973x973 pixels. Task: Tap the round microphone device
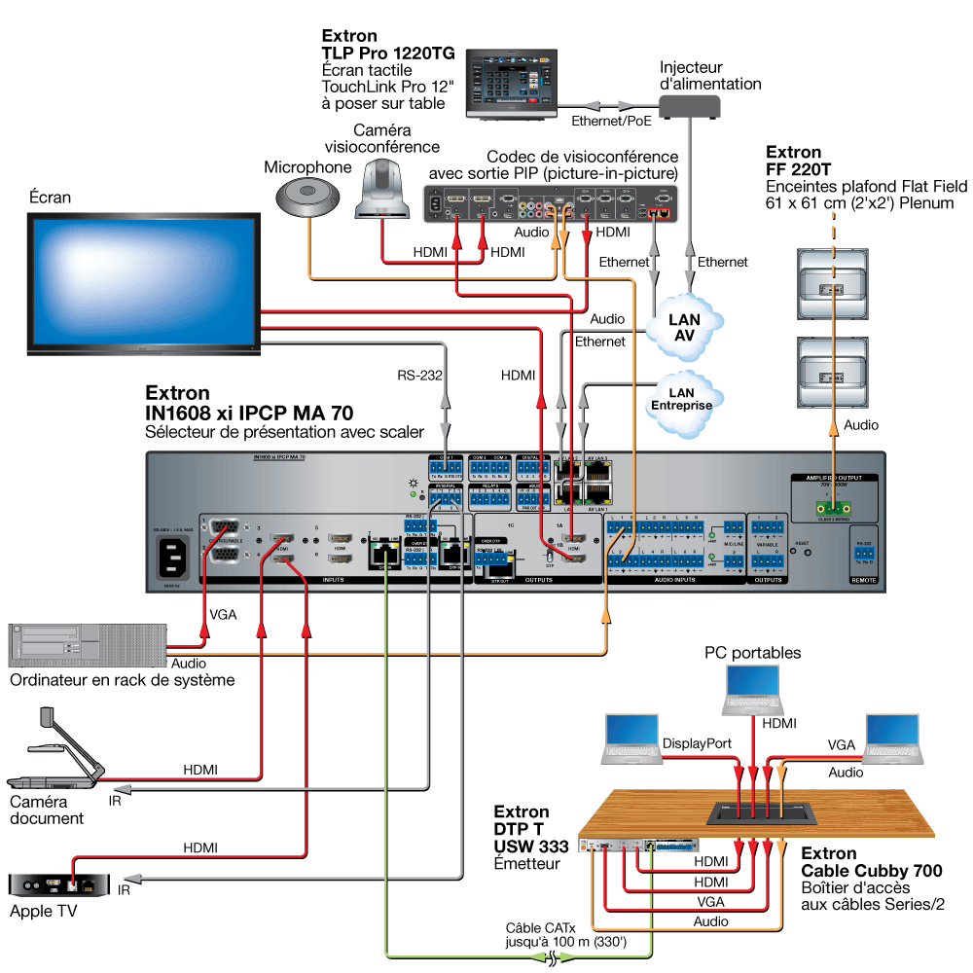(x=309, y=198)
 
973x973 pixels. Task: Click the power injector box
(x=697, y=110)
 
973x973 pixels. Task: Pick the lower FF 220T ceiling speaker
(x=833, y=374)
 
